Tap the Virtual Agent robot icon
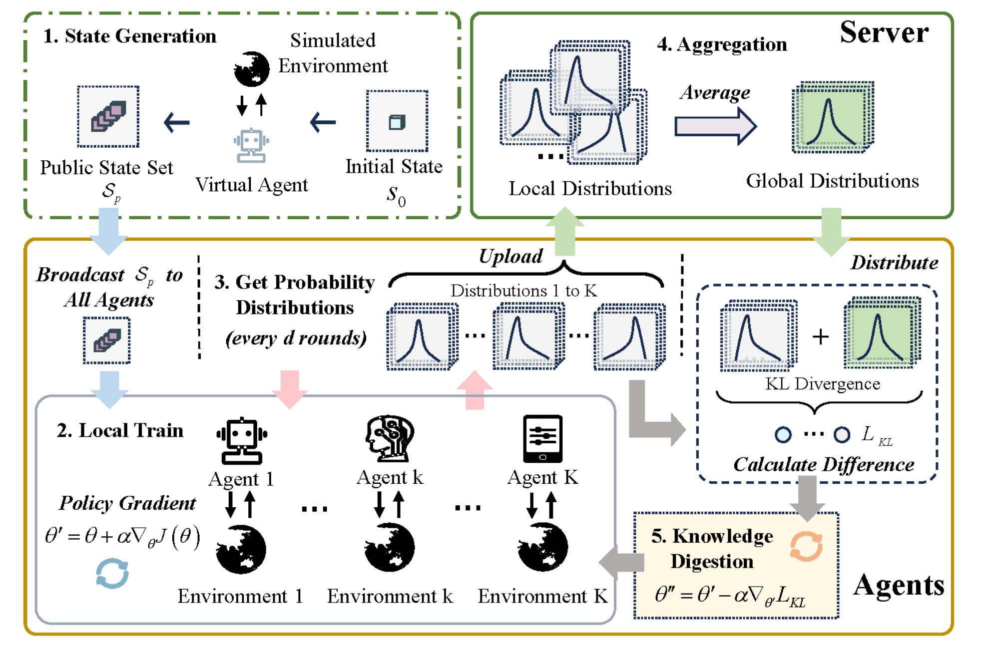(x=251, y=145)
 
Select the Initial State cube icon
(x=397, y=121)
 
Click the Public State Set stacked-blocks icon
(x=108, y=116)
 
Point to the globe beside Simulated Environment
(x=251, y=69)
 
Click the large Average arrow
(x=715, y=126)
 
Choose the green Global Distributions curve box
(x=832, y=117)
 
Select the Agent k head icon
(x=390, y=438)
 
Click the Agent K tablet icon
(x=542, y=439)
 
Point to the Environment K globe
(x=542, y=547)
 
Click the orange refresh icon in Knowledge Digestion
(x=806, y=546)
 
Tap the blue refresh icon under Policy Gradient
(x=112, y=573)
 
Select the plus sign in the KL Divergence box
(x=820, y=337)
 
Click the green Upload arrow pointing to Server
(x=564, y=231)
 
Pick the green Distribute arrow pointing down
(x=831, y=231)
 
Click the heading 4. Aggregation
(x=722, y=45)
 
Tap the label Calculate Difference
(x=823, y=465)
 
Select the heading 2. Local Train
(x=120, y=430)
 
